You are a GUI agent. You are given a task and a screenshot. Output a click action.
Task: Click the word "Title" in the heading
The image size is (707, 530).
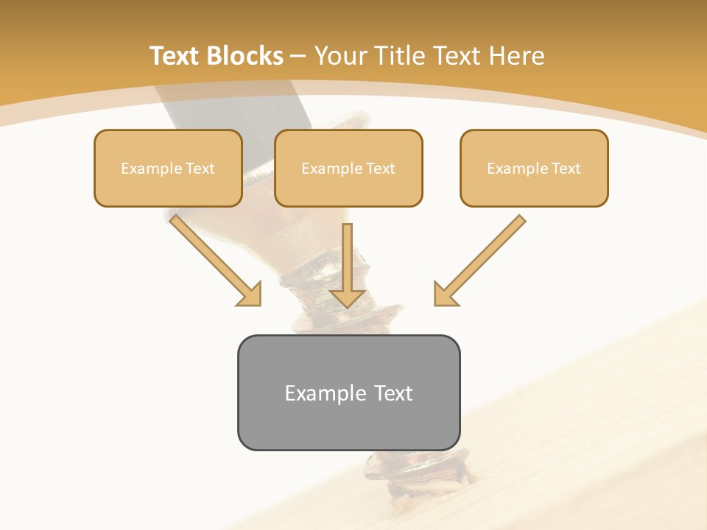point(402,56)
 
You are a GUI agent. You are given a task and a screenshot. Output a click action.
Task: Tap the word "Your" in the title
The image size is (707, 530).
point(340,56)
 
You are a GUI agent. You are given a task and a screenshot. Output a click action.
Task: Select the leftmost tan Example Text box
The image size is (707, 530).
point(168,168)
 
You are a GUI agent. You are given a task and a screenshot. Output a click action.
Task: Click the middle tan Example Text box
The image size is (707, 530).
point(348,168)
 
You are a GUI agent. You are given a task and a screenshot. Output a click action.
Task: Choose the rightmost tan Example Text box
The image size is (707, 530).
point(534,168)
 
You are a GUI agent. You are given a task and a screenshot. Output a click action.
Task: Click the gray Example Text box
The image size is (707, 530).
point(348,392)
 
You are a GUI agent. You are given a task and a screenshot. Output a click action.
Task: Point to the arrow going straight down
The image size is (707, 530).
point(348,261)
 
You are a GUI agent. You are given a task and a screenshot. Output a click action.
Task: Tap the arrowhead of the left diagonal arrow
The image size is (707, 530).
point(250,294)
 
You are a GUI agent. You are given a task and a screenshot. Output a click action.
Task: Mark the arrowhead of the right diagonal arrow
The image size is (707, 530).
point(445,294)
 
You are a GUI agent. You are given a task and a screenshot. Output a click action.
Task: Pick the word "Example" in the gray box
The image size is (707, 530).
point(325,393)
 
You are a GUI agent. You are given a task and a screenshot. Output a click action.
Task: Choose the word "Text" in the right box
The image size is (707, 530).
point(566,169)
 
